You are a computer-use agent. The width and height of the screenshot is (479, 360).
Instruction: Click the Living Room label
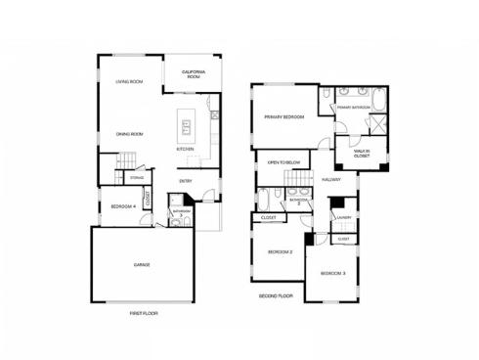(129, 81)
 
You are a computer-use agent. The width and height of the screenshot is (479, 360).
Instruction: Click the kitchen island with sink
(184, 125)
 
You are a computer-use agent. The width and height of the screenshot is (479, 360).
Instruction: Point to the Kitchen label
(185, 149)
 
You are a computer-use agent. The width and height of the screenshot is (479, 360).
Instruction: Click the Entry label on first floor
(186, 181)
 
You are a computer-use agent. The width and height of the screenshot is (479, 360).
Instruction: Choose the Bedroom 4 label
(122, 206)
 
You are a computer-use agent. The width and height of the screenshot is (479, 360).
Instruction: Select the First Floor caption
(143, 313)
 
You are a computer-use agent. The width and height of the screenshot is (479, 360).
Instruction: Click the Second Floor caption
(276, 293)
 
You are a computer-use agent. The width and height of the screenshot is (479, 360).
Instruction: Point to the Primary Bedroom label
(283, 117)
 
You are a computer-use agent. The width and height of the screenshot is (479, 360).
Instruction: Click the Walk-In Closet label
(349, 154)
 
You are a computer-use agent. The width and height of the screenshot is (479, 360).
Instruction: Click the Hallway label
(330, 180)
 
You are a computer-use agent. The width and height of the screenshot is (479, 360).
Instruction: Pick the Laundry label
(342, 217)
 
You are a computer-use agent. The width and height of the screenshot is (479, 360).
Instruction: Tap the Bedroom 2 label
(281, 251)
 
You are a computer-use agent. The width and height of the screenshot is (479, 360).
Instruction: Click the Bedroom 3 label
(333, 272)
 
